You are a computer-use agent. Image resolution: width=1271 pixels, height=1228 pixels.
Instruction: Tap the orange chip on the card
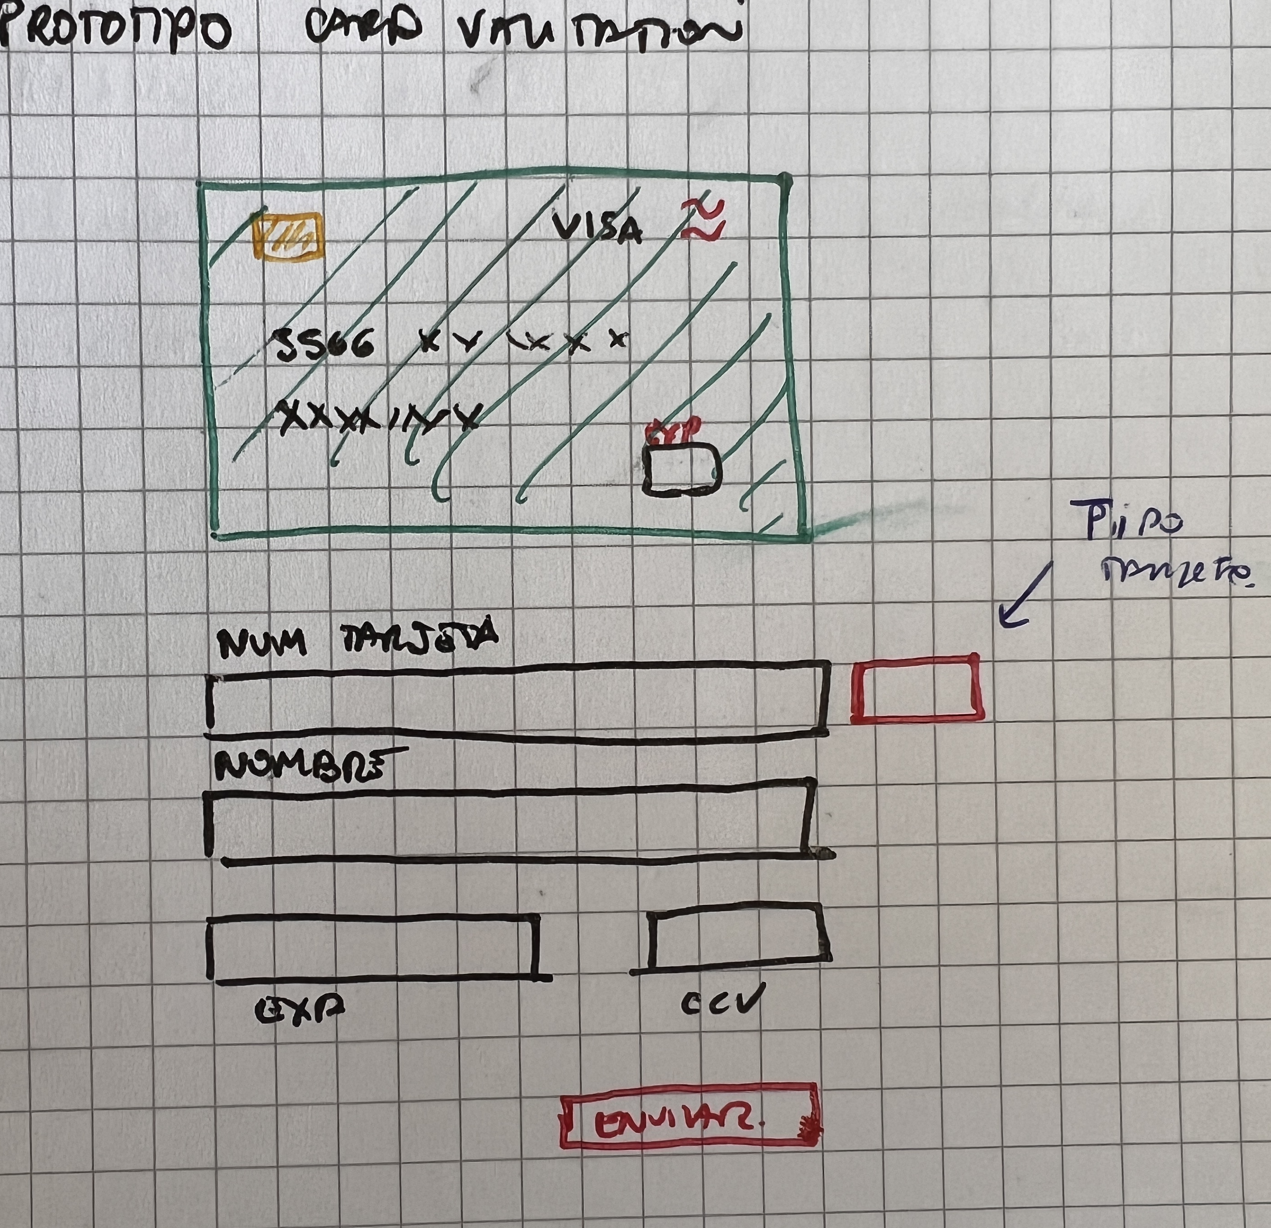288,235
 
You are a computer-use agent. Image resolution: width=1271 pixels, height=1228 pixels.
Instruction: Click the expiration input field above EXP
372,948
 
